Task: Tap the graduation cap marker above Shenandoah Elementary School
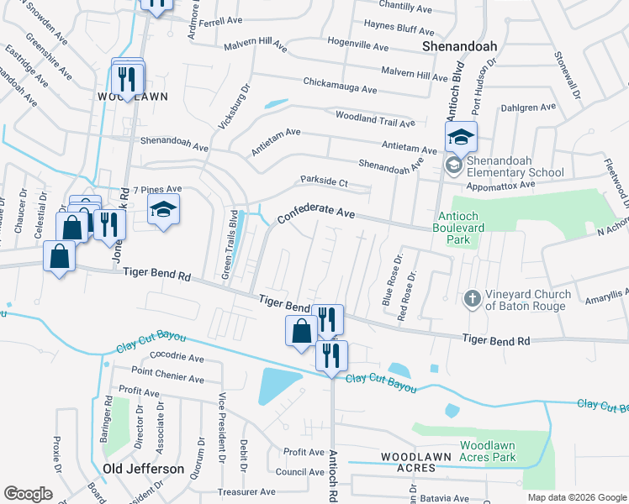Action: coord(461,137)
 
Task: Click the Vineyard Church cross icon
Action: coord(473,298)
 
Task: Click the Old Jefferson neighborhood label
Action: coord(143,468)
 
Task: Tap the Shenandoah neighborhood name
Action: coord(460,46)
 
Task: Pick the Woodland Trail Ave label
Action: coord(375,118)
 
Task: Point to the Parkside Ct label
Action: coord(325,181)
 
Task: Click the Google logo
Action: coord(28,494)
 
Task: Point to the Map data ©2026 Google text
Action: coord(577,497)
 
